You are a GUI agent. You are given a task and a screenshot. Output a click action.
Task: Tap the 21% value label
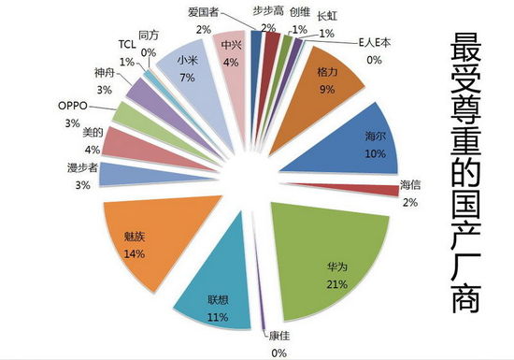pos(337,283)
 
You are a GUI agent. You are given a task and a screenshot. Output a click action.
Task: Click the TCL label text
pos(127,45)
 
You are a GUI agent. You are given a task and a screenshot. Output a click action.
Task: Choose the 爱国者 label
pos(203,12)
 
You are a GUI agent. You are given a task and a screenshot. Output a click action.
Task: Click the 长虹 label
pos(327,16)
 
